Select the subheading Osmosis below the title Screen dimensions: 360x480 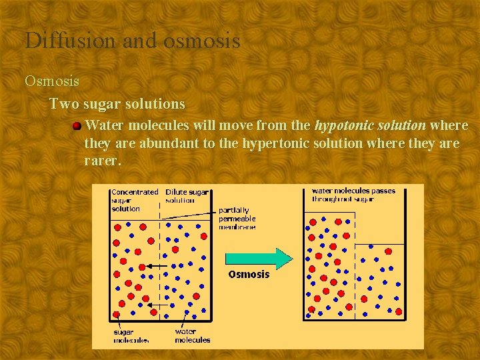(52, 81)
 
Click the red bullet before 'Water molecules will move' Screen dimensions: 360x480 (77, 125)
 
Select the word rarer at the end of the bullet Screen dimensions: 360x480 (103, 161)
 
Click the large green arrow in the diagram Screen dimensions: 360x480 (259, 259)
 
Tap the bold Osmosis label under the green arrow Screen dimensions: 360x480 (249, 275)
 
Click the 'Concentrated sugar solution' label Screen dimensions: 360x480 (133, 200)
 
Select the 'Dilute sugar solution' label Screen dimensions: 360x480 (186, 196)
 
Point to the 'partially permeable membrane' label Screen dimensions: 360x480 (238, 219)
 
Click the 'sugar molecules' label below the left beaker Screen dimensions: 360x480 (131, 336)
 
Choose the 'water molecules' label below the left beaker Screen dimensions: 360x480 (192, 336)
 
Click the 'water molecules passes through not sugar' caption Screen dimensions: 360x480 (353, 195)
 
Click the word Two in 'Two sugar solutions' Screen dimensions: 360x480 (63, 105)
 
